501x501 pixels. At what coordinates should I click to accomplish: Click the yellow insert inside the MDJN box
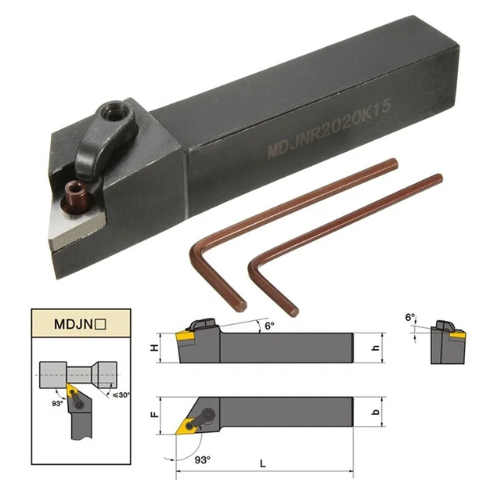(73, 389)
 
